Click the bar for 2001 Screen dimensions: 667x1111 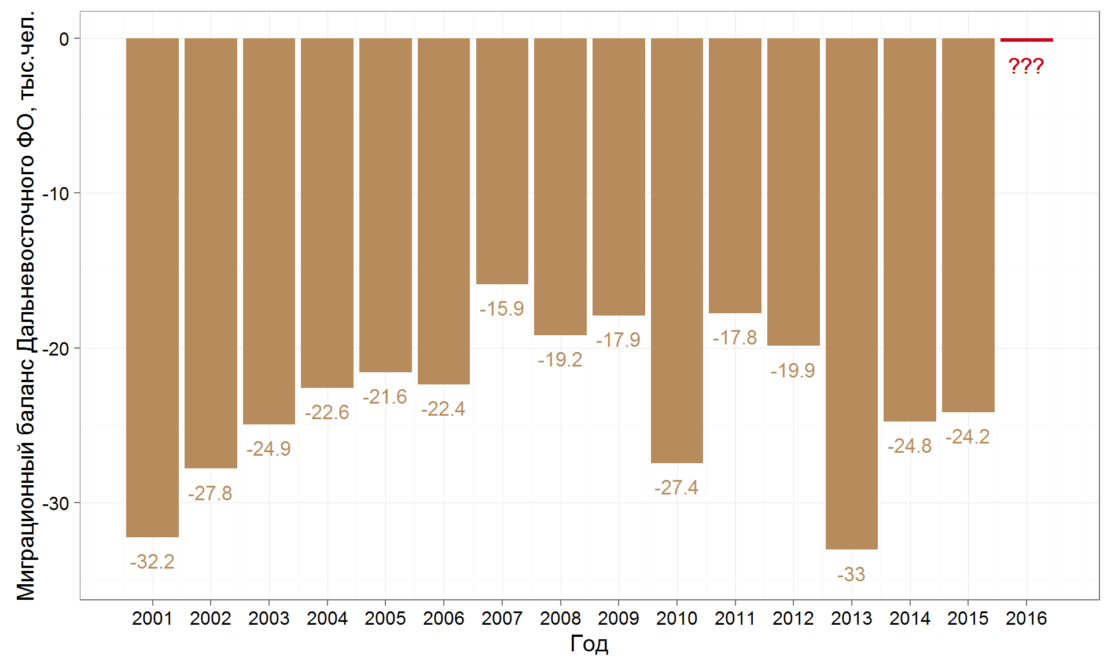pos(152,288)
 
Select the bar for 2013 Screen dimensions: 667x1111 pos(851,294)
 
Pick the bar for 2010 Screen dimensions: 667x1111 pos(676,251)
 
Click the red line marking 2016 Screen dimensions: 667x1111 pos(1027,40)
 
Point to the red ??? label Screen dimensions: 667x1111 pos(1026,66)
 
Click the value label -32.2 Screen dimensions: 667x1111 pos(152,562)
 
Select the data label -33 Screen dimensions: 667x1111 pos(851,574)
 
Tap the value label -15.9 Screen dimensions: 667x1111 pos(502,309)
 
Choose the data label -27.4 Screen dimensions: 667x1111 pos(676,488)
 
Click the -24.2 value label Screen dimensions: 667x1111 pos(967,437)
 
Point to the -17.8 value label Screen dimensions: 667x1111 pos(735,338)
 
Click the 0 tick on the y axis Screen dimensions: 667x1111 pos(64,39)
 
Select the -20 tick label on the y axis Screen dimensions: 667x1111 pos(56,349)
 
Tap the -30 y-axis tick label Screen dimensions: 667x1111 pos(56,503)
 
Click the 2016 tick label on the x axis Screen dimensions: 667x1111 pos(1027,618)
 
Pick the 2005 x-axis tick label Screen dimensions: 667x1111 pos(385,618)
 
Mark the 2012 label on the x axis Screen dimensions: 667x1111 pos(793,618)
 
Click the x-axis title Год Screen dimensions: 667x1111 pos(589,643)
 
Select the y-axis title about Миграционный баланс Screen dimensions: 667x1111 pos(26,305)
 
